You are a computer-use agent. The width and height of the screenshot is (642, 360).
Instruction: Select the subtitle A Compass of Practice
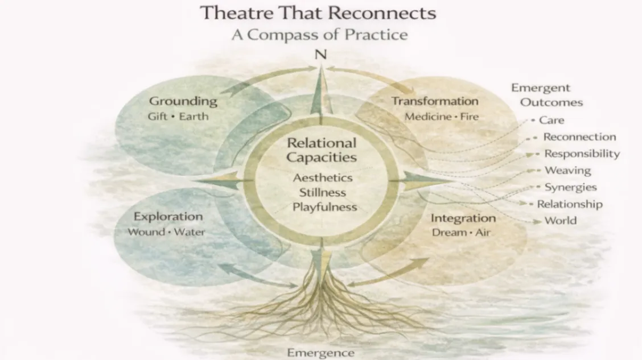[x=319, y=34]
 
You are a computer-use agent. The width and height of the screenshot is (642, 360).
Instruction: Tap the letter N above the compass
[x=321, y=55]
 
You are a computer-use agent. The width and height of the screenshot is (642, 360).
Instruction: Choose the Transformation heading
[x=435, y=101]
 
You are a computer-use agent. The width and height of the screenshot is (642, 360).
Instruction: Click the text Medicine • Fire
[x=442, y=117]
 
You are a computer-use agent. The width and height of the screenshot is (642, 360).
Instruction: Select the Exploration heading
[x=168, y=217]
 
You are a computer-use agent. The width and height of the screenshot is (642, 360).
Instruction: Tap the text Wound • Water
[x=166, y=232]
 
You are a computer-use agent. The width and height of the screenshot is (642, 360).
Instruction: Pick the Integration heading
[x=463, y=218]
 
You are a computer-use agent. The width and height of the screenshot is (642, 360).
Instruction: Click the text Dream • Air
[x=461, y=233]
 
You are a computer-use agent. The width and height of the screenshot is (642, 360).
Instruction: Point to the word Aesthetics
[x=323, y=178]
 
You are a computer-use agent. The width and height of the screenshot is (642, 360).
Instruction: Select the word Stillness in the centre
[x=323, y=192]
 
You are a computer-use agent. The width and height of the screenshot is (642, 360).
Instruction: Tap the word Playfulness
[x=324, y=207]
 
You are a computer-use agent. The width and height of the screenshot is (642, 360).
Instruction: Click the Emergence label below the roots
[x=320, y=353]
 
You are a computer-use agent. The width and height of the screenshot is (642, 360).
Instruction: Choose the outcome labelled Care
[x=552, y=121]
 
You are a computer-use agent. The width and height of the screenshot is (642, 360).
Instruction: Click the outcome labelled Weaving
[x=567, y=170]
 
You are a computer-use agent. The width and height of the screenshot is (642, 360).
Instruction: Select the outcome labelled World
[x=561, y=221]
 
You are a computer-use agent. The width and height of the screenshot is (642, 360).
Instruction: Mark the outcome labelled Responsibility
[x=582, y=154]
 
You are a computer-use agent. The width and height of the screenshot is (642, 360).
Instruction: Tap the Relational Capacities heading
[x=322, y=150]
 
